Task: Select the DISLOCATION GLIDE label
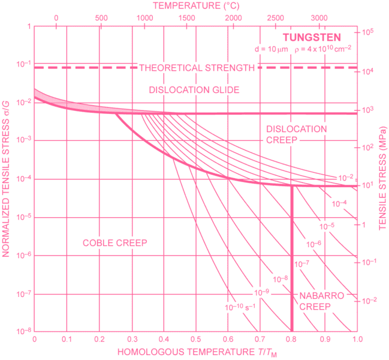click(x=194, y=90)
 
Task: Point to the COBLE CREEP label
click(x=115, y=242)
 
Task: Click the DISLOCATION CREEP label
click(x=297, y=134)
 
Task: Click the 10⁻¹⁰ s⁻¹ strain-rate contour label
click(x=240, y=307)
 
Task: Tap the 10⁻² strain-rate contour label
click(x=346, y=177)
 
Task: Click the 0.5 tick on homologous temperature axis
click(x=195, y=338)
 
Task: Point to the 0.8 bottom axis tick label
click(x=292, y=338)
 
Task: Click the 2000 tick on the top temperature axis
click(x=232, y=17)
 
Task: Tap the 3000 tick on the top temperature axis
click(x=320, y=17)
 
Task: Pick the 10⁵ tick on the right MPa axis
click(x=368, y=31)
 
